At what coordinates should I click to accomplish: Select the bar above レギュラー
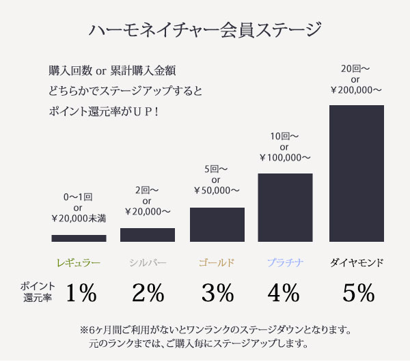coord(79,238)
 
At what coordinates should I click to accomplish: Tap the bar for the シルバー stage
coord(148,234)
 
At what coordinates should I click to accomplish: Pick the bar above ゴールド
coord(217,224)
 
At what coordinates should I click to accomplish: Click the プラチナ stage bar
coord(285,207)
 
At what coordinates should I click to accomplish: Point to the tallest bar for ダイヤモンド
coord(357,173)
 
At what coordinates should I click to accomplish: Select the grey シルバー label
coord(148,262)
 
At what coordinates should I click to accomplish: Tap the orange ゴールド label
coord(217,262)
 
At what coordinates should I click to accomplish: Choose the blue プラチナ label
coord(285,262)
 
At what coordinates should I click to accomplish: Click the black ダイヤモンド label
coord(357,262)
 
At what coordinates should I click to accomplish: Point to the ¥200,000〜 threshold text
coord(356,89)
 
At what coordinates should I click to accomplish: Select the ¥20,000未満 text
coord(78,219)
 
